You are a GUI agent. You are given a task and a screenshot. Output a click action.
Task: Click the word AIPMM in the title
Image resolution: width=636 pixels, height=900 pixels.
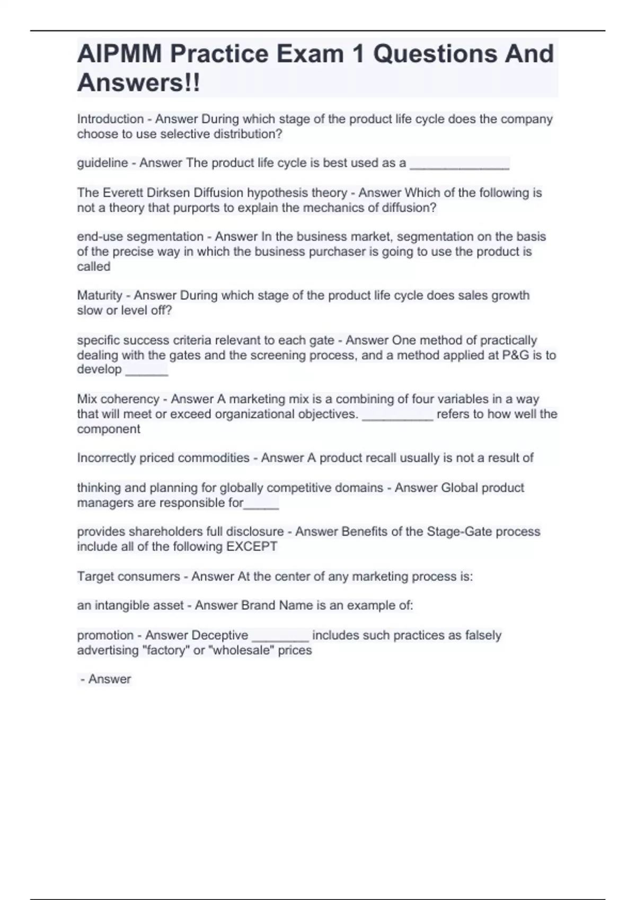coord(119,54)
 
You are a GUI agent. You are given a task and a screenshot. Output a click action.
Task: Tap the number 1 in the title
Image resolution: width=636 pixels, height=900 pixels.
coord(358,54)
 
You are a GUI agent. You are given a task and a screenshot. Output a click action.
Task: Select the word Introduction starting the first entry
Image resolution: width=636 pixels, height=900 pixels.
coord(110,119)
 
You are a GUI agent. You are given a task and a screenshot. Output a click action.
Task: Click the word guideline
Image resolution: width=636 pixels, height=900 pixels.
coord(102,163)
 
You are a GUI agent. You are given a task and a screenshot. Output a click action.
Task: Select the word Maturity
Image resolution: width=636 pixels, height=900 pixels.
coord(100,295)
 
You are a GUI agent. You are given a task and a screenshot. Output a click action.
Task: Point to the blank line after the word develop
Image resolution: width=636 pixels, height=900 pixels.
coord(146,372)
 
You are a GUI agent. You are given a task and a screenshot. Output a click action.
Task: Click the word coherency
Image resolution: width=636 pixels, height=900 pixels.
coord(135,399)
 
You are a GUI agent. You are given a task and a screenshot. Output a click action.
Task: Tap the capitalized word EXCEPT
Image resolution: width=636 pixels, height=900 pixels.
coord(252,546)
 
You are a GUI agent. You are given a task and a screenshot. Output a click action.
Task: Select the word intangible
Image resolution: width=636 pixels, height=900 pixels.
coord(122,606)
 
